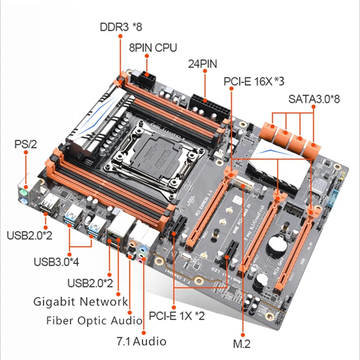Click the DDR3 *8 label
(121, 27)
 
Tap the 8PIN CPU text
(153, 48)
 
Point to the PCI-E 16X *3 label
(254, 81)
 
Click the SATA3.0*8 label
(314, 99)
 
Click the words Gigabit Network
(81, 301)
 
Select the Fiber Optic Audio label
(94, 320)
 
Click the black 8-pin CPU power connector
(147, 77)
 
